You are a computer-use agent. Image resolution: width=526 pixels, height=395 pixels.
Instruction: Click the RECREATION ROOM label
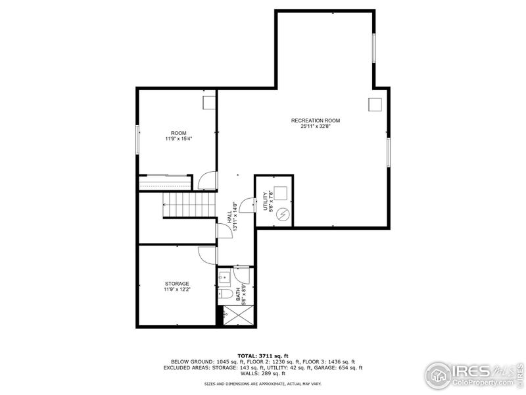[316, 120]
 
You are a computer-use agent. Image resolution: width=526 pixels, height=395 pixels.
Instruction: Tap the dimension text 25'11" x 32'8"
[316, 126]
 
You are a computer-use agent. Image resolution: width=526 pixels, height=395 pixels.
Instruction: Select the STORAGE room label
[177, 284]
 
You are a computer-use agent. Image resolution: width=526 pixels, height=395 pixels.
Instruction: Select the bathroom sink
[224, 275]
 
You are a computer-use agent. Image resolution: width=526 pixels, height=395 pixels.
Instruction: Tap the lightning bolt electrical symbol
[283, 214]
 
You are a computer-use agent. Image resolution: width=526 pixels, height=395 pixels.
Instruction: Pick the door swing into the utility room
[247, 206]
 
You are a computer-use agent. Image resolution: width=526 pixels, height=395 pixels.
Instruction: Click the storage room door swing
[208, 254]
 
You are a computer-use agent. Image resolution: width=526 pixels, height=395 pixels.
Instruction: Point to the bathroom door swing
[242, 273]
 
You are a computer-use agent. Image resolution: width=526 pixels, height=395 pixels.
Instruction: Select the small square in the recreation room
[375, 104]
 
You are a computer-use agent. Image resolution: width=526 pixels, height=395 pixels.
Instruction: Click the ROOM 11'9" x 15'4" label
[178, 136]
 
